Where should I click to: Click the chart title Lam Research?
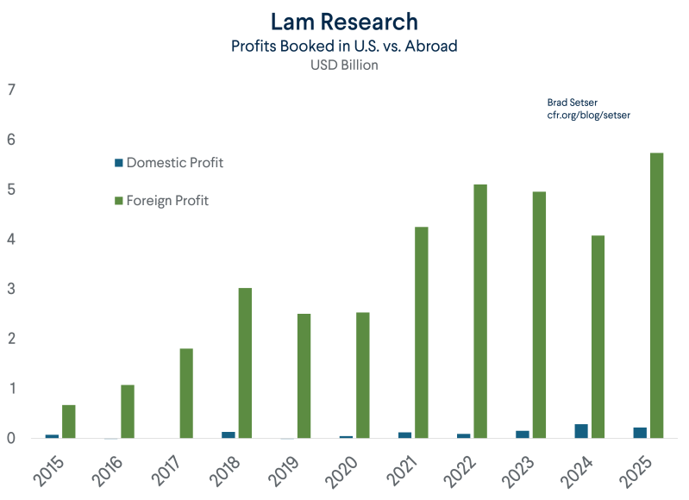pyautogui.click(x=344, y=22)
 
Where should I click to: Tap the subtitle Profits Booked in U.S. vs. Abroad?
pyautogui.click(x=344, y=46)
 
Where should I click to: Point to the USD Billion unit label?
pyautogui.click(x=344, y=65)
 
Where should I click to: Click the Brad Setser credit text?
pyautogui.click(x=572, y=103)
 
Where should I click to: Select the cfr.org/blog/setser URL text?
pyautogui.click(x=588, y=116)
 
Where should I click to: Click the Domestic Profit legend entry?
pyautogui.click(x=169, y=163)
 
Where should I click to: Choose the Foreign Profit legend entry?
pyautogui.click(x=162, y=200)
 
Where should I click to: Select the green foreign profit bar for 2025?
pyautogui.click(x=656, y=295)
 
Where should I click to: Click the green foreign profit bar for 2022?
pyautogui.click(x=480, y=311)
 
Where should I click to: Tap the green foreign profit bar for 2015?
pyautogui.click(x=68, y=422)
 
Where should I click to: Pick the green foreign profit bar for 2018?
pyautogui.click(x=245, y=363)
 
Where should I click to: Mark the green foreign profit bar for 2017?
pyautogui.click(x=186, y=393)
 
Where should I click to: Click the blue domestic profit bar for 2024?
pyautogui.click(x=581, y=431)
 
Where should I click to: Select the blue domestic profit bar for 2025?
pyautogui.click(x=640, y=433)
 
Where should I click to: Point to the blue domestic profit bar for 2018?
pyautogui.click(x=229, y=435)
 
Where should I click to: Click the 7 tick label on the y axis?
pyautogui.click(x=11, y=90)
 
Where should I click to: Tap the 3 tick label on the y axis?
pyautogui.click(x=11, y=289)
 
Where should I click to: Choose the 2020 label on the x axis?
pyautogui.click(x=341, y=472)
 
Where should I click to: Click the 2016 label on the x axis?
pyautogui.click(x=107, y=472)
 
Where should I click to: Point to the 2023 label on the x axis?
pyautogui.click(x=518, y=472)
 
